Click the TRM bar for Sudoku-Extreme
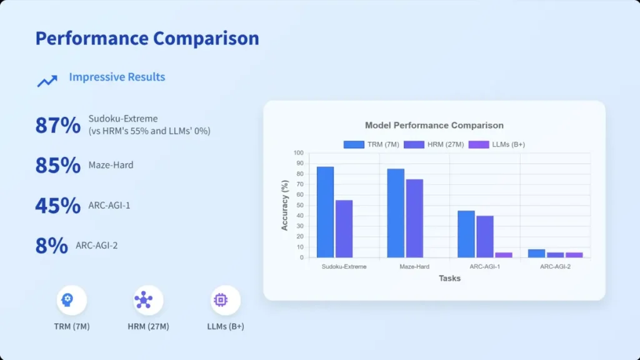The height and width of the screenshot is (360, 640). pos(325,212)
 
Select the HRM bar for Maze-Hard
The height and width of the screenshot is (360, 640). pos(414,218)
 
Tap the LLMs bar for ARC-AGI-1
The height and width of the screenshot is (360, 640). pos(504,254)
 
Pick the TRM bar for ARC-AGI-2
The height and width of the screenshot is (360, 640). pos(536,253)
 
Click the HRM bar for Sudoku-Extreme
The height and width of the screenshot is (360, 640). pos(344,229)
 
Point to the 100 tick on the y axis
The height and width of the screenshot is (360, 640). pos(298,153)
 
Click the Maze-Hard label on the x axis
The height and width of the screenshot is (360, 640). pos(414,266)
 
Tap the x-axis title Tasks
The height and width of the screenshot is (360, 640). pos(449,278)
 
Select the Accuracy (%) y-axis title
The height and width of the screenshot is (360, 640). pos(285,205)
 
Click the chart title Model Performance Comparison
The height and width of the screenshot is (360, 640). pos(434,126)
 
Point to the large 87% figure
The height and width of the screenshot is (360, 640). pos(57,126)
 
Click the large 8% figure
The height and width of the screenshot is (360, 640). pos(51,246)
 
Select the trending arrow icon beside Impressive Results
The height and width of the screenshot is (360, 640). pos(47,81)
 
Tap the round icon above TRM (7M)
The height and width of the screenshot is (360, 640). pos(71,301)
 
